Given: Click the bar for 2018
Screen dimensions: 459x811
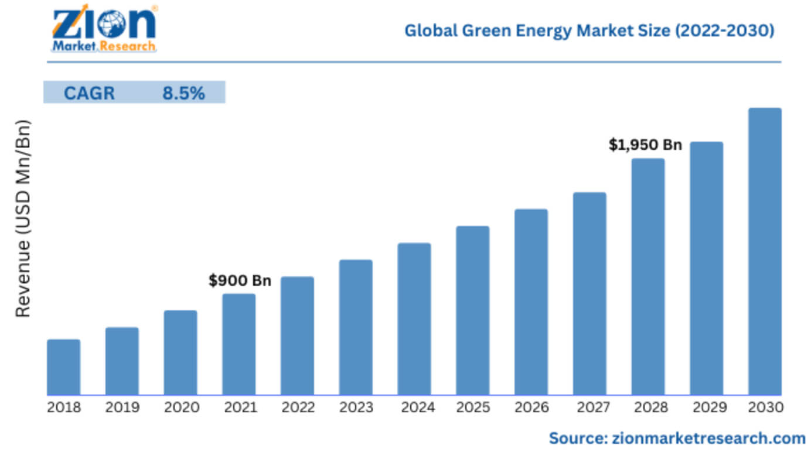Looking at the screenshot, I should click(x=63, y=367).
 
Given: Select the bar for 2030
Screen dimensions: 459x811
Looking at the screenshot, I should click(x=765, y=252).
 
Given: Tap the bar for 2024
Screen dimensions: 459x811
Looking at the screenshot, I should click(x=414, y=319).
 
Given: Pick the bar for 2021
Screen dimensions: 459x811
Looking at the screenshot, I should click(x=239, y=344).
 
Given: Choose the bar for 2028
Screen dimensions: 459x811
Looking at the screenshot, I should click(x=648, y=277).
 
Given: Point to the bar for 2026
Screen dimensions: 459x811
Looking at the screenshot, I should click(x=531, y=302).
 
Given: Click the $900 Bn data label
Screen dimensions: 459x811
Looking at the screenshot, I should click(x=240, y=281).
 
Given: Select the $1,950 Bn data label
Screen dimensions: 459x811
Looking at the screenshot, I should click(x=645, y=145).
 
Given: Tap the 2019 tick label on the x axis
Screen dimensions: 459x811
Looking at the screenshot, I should click(x=122, y=407).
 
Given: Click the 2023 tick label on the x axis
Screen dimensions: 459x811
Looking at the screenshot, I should click(x=356, y=407).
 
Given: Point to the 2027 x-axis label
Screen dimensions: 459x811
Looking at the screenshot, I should click(x=589, y=407).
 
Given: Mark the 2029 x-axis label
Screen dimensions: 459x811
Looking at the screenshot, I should click(x=706, y=407).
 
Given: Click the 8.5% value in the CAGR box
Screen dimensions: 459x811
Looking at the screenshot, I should click(x=183, y=93).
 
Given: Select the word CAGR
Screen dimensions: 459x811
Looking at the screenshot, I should click(x=89, y=93).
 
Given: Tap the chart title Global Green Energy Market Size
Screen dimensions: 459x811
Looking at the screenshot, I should click(x=589, y=30).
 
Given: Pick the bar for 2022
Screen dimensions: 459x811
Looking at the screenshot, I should click(x=297, y=336).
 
